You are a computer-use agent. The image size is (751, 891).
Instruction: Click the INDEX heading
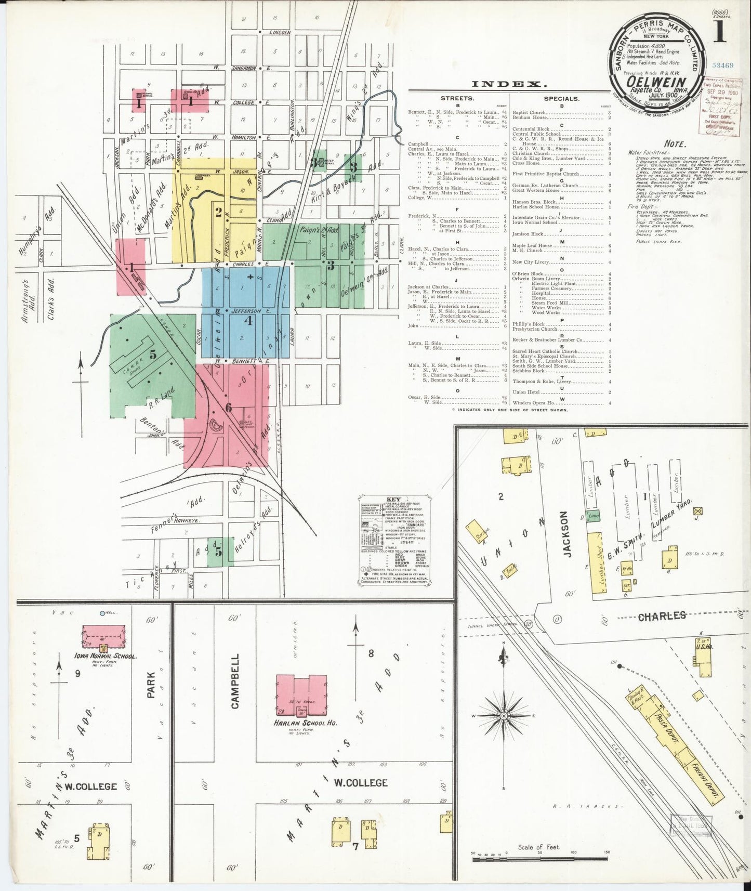tap(509, 84)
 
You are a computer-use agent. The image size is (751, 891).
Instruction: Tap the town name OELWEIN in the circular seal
tap(658, 82)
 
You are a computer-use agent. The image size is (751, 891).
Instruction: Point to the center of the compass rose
tap(503, 716)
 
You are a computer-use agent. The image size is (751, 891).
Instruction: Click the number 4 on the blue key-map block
tap(248, 321)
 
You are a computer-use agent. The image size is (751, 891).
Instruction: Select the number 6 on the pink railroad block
tap(228, 407)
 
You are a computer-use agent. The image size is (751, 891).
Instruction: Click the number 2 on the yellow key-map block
tap(219, 212)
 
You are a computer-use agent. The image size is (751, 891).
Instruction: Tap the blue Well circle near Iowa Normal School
tap(102, 613)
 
